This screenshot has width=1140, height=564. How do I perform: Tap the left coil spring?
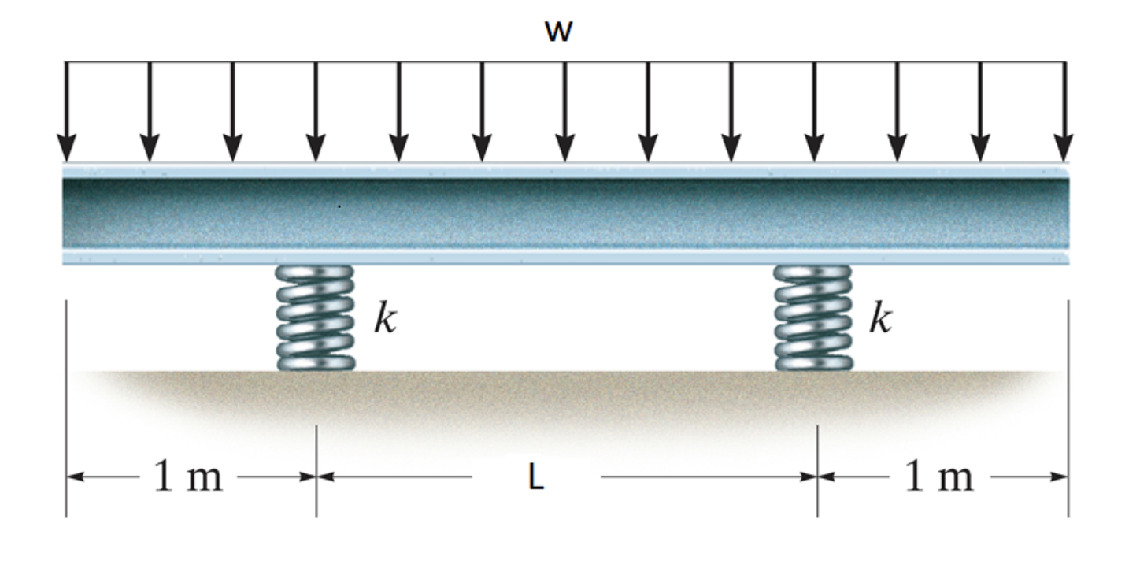tap(315, 318)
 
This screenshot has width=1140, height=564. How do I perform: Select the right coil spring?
tap(813, 318)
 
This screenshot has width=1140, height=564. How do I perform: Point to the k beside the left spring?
tap(384, 319)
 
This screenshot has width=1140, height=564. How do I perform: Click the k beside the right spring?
tap(881, 319)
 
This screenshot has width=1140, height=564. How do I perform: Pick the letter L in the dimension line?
tap(536, 479)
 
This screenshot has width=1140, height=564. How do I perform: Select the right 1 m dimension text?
tap(938, 477)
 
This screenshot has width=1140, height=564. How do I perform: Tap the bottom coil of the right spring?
tap(814, 362)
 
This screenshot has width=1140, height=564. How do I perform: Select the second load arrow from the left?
tap(150, 110)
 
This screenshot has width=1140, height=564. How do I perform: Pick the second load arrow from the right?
tap(980, 110)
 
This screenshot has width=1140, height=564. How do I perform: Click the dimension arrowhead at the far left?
tap(72, 477)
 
